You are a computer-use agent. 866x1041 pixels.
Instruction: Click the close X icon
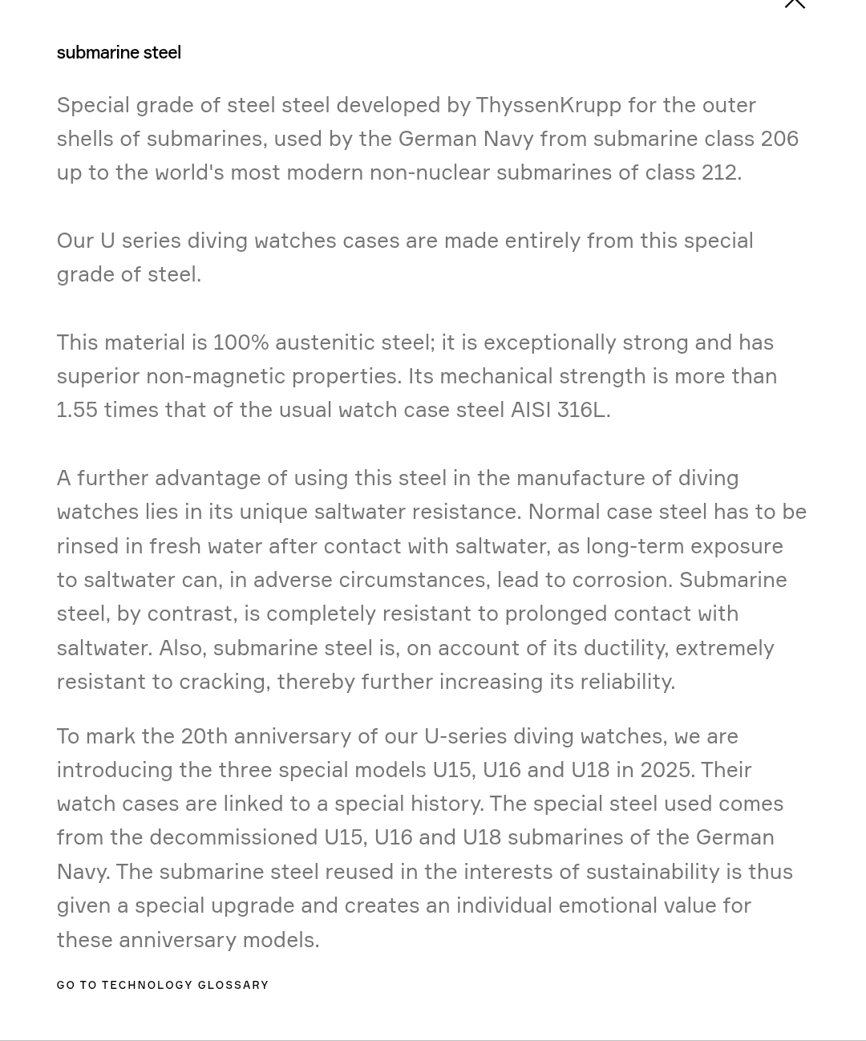click(794, 3)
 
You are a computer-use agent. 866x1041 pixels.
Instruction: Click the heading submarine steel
click(119, 53)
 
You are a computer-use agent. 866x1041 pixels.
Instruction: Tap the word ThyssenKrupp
click(548, 105)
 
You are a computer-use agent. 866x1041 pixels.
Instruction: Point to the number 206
click(779, 139)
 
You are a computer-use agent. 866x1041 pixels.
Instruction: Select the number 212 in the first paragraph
click(718, 172)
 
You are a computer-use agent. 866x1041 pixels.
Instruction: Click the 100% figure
click(241, 342)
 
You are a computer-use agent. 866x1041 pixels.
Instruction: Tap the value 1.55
click(77, 410)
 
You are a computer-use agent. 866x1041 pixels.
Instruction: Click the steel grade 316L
click(581, 410)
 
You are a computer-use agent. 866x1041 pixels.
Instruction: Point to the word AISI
click(530, 410)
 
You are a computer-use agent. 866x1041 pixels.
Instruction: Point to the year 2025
click(666, 770)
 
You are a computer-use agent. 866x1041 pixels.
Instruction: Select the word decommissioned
click(233, 837)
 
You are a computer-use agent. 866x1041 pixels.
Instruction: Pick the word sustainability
click(653, 872)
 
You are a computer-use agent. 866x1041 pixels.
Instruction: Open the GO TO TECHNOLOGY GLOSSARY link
click(163, 985)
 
